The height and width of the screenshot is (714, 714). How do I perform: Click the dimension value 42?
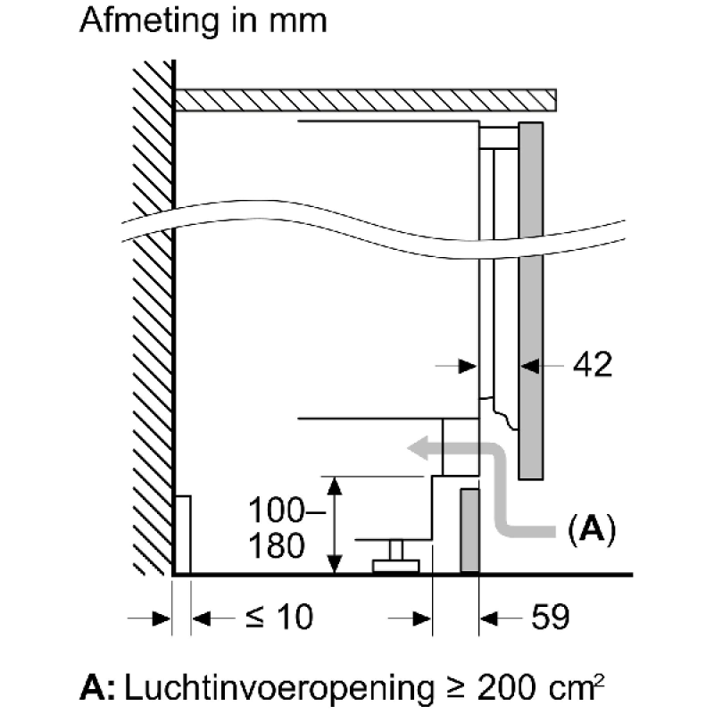pos(593,365)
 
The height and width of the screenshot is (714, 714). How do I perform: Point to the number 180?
pos(276,544)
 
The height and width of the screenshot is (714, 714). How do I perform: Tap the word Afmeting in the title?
pos(148,21)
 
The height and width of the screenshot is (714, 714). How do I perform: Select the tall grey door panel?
pos(531,299)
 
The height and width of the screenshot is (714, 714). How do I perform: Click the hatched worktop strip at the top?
pos(366,99)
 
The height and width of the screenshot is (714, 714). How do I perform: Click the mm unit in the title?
pos(301,21)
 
